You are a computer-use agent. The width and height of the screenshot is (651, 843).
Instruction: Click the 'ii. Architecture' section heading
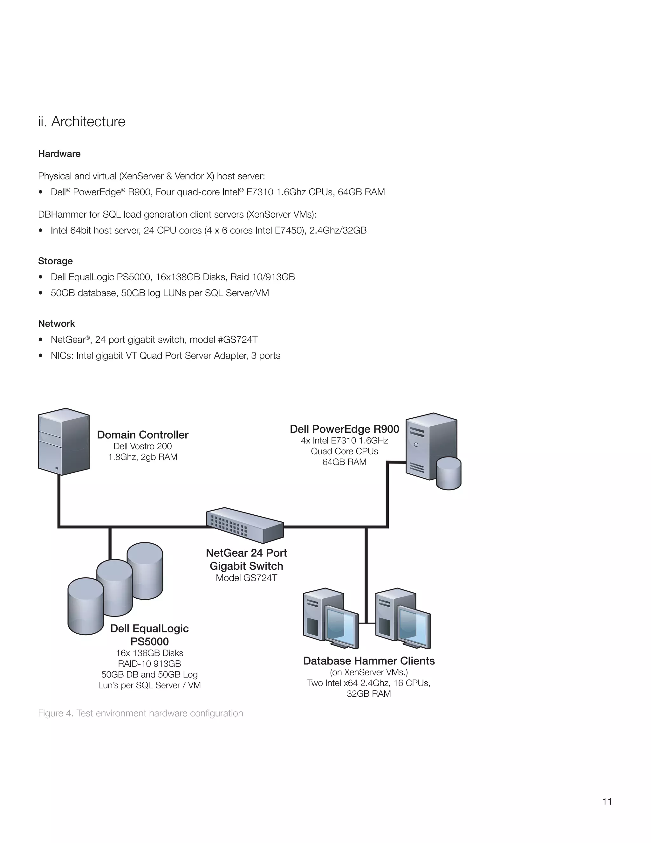point(81,122)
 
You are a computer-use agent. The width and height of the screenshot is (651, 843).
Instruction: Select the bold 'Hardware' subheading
point(59,154)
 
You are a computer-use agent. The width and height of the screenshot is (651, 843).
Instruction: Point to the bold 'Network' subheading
point(56,324)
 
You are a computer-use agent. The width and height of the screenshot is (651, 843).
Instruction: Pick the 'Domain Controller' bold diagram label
point(143,435)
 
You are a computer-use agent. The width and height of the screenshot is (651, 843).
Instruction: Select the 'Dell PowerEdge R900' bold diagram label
point(344,429)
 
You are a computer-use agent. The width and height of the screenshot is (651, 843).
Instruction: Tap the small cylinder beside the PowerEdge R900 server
point(449,473)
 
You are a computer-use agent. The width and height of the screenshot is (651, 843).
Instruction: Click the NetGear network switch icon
point(245,525)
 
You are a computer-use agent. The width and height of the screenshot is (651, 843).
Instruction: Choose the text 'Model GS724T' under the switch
point(246,578)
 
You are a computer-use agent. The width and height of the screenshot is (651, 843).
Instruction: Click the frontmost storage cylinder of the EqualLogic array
point(85,606)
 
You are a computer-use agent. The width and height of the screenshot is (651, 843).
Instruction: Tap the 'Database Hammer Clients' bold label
point(369,661)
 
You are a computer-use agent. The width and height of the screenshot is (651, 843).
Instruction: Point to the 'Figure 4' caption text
point(140,713)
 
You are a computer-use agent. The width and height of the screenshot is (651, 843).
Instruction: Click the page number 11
point(607,801)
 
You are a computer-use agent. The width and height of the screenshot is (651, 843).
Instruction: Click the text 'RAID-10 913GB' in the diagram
point(149,664)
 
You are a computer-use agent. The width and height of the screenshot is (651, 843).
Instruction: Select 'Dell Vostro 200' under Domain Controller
point(142,446)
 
